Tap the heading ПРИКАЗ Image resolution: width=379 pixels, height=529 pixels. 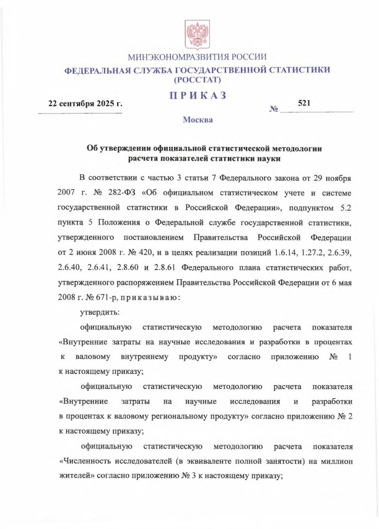pos(198,96)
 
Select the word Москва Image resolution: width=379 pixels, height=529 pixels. pos(198,119)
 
